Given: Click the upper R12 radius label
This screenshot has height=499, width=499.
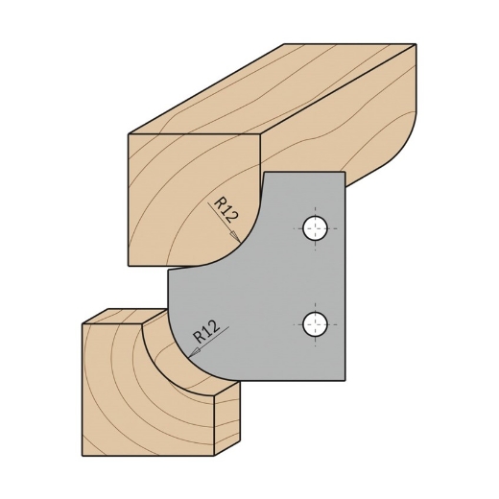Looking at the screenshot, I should coord(226,209).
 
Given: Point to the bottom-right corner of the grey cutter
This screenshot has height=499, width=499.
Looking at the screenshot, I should coord(344,379).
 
